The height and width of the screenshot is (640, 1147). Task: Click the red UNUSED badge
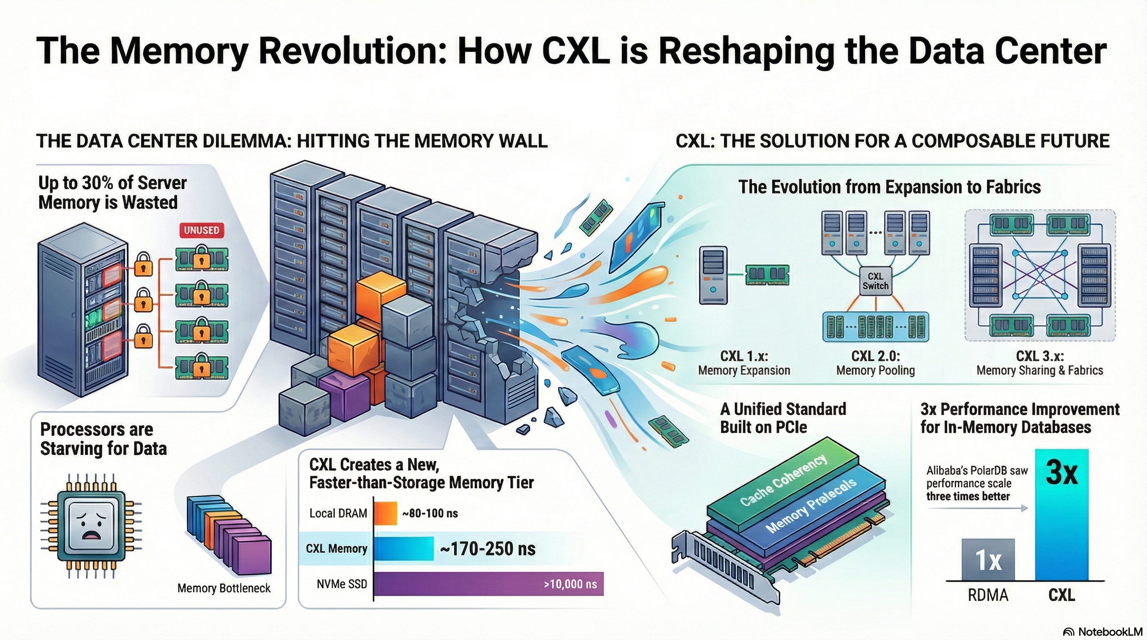click(x=201, y=230)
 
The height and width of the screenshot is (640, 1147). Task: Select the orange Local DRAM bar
click(x=385, y=513)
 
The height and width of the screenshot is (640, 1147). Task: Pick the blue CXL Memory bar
click(x=403, y=548)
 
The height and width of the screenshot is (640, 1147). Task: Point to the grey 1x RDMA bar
click(x=988, y=560)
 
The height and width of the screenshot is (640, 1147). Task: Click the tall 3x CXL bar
click(x=1062, y=516)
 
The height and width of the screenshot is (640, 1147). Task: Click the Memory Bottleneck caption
click(x=223, y=588)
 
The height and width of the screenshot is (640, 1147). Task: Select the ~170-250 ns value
click(x=488, y=549)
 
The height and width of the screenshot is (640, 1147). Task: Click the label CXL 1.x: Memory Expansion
click(x=744, y=363)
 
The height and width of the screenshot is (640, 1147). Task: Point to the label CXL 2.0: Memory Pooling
click(x=875, y=363)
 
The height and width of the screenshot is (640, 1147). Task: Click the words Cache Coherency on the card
click(x=784, y=481)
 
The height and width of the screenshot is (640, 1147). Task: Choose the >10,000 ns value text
click(x=570, y=584)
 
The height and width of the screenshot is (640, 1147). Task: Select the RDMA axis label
click(x=988, y=595)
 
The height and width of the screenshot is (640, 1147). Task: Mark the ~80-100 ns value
click(x=430, y=513)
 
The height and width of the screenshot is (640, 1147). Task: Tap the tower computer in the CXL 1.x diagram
click(x=713, y=275)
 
